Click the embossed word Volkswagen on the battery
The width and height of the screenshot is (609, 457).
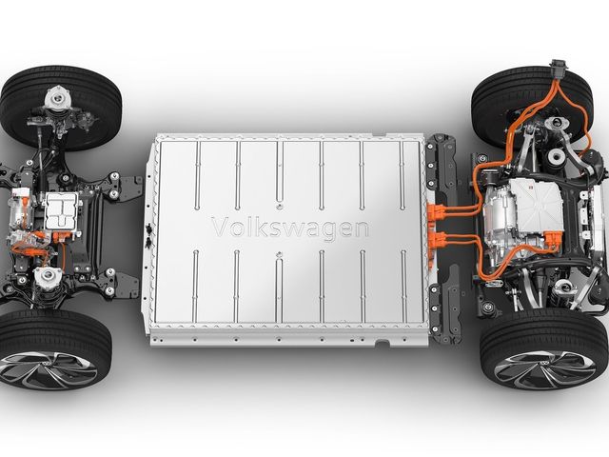(x=290, y=228)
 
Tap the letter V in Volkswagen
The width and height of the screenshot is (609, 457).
(x=220, y=227)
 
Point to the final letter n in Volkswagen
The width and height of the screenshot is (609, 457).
(x=361, y=229)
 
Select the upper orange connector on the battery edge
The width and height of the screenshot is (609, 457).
(x=435, y=211)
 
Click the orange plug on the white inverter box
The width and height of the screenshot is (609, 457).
(x=553, y=238)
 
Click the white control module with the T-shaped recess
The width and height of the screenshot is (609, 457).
(x=62, y=211)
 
